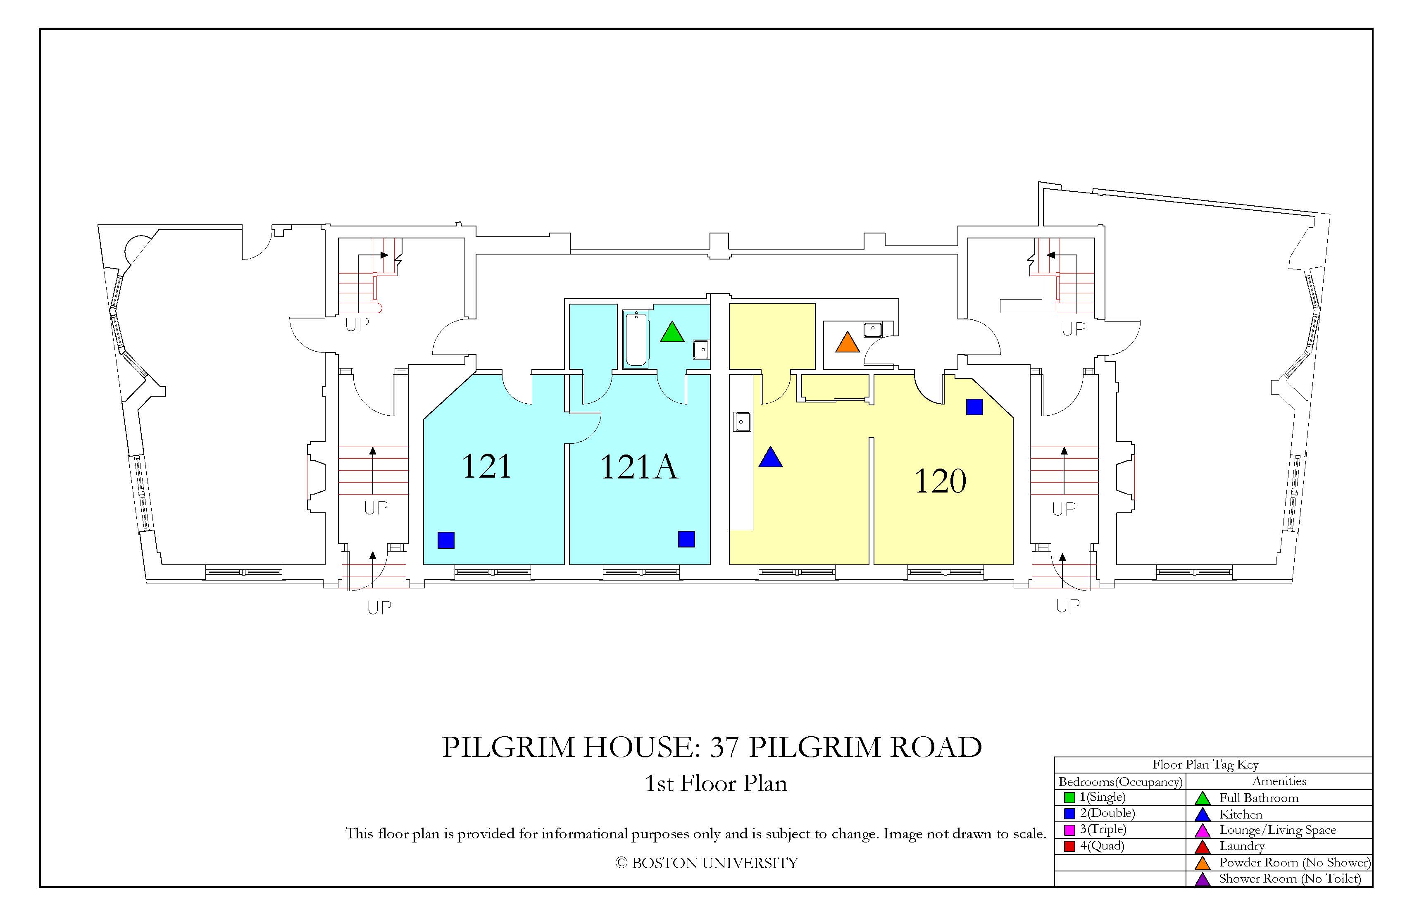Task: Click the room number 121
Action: tap(486, 466)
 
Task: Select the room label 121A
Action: tap(639, 466)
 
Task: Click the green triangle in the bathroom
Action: tap(672, 332)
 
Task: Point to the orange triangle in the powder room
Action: tap(847, 343)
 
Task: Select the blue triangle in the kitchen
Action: tap(770, 457)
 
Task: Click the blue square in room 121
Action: tap(446, 540)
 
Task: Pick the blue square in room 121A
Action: tap(686, 539)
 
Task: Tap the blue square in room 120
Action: tap(974, 407)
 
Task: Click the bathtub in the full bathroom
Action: tap(636, 339)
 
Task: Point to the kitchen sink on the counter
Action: tap(742, 421)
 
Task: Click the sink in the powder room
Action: tap(872, 329)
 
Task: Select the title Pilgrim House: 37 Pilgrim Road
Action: tap(712, 747)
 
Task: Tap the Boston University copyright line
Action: tap(706, 863)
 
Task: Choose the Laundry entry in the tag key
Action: tap(1242, 846)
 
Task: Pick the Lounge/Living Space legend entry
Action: tap(1277, 830)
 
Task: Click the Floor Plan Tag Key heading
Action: tap(1205, 765)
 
